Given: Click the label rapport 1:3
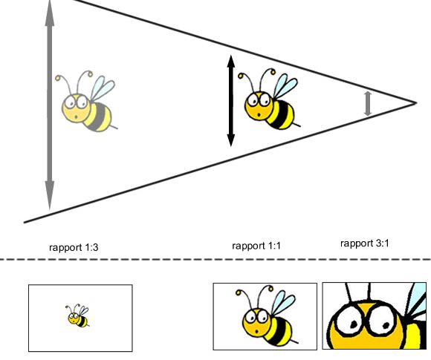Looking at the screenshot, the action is click(x=74, y=247).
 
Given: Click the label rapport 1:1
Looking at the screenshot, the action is click(x=256, y=246).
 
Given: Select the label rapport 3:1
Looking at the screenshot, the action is click(x=364, y=243).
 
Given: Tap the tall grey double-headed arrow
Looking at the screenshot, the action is click(x=50, y=105).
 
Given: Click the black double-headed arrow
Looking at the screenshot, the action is click(x=231, y=101).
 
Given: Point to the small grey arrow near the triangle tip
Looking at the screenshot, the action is click(x=368, y=103).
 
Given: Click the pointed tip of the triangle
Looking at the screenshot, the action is click(x=416, y=103).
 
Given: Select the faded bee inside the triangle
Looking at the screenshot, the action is click(x=87, y=102).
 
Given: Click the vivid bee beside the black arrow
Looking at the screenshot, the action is click(x=269, y=99).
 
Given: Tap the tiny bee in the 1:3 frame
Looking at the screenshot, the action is click(x=77, y=315).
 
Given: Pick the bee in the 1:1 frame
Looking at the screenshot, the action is click(x=266, y=315).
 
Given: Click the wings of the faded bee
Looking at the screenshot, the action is click(x=102, y=88).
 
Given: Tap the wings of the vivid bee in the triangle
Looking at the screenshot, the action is click(x=285, y=85).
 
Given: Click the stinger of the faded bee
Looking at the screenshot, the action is click(x=114, y=127).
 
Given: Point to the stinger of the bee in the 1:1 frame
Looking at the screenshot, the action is click(x=295, y=341).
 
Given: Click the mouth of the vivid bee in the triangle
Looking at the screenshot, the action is click(x=259, y=114).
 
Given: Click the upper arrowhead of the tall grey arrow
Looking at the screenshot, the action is click(x=50, y=13).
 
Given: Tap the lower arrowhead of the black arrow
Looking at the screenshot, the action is click(x=231, y=140).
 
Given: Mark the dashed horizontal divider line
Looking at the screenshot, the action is click(x=215, y=259).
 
